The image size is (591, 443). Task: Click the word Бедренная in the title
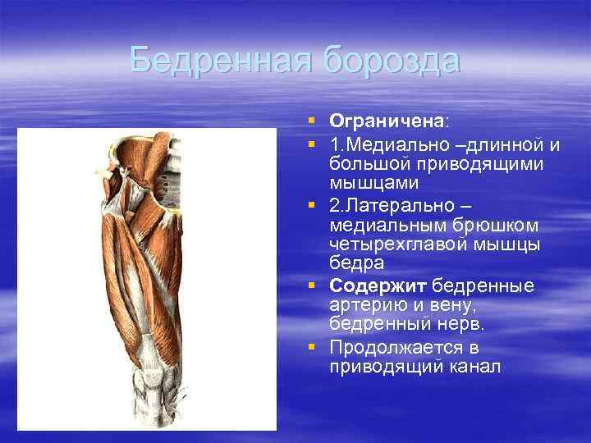coord(221,61)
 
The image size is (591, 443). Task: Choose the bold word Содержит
coord(378,285)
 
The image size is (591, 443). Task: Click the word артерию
coord(365,304)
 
